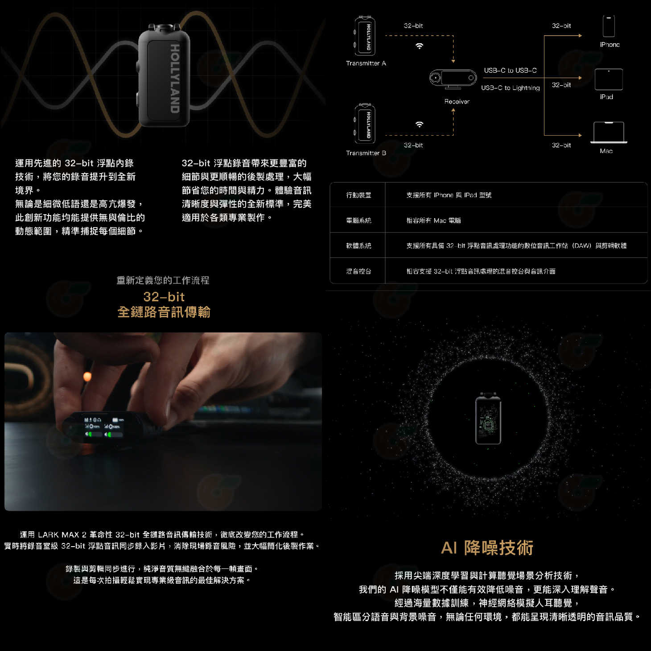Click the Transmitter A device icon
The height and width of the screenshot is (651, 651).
[365, 36]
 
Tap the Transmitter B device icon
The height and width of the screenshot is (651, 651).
[365, 124]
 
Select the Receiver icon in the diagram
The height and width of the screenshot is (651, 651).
[453, 79]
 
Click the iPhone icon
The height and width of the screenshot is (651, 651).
[609, 26]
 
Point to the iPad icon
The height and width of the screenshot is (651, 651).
[609, 79]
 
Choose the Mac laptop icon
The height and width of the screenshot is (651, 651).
[609, 133]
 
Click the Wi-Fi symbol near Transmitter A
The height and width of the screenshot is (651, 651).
[419, 46]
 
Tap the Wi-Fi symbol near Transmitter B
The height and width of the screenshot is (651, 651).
[419, 124]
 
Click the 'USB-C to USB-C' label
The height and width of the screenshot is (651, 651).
[510, 70]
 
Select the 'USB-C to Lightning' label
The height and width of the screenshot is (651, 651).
[510, 88]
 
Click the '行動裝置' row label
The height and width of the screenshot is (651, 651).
[358, 195]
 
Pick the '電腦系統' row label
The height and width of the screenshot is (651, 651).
[358, 220]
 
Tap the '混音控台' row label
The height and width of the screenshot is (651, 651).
[358, 271]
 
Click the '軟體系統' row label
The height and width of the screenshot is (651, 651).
[358, 246]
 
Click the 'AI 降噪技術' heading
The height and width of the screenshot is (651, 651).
[487, 547]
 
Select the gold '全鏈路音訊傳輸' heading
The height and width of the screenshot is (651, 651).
[164, 312]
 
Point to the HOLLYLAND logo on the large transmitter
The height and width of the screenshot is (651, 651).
[174, 79]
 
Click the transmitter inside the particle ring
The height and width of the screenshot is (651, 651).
[488, 419]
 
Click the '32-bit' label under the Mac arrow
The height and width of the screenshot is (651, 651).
[561, 145]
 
